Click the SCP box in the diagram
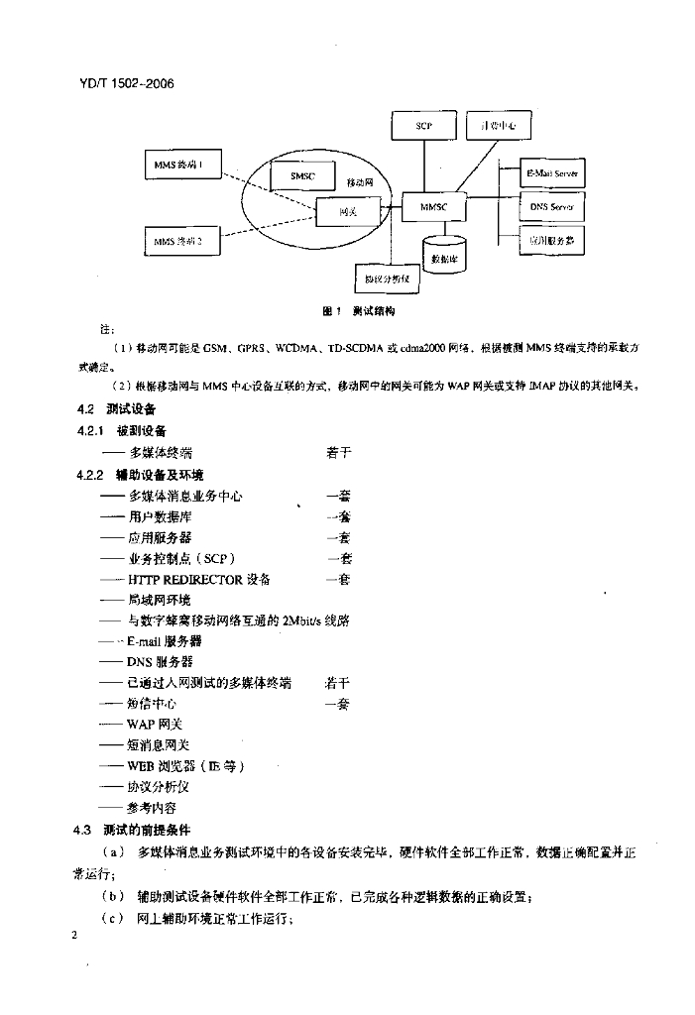[x=423, y=127]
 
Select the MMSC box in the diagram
[x=435, y=207]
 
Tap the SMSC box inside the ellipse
[x=303, y=175]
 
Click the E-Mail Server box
[x=552, y=173]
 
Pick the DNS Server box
[x=552, y=207]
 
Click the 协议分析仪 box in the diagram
[x=388, y=280]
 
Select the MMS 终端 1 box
[x=179, y=166]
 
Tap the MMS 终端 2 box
[x=179, y=241]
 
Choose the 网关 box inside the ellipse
[x=348, y=211]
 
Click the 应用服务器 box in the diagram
[x=552, y=241]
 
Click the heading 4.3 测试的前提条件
[x=134, y=829]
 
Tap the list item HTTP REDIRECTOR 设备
[x=198, y=579]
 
